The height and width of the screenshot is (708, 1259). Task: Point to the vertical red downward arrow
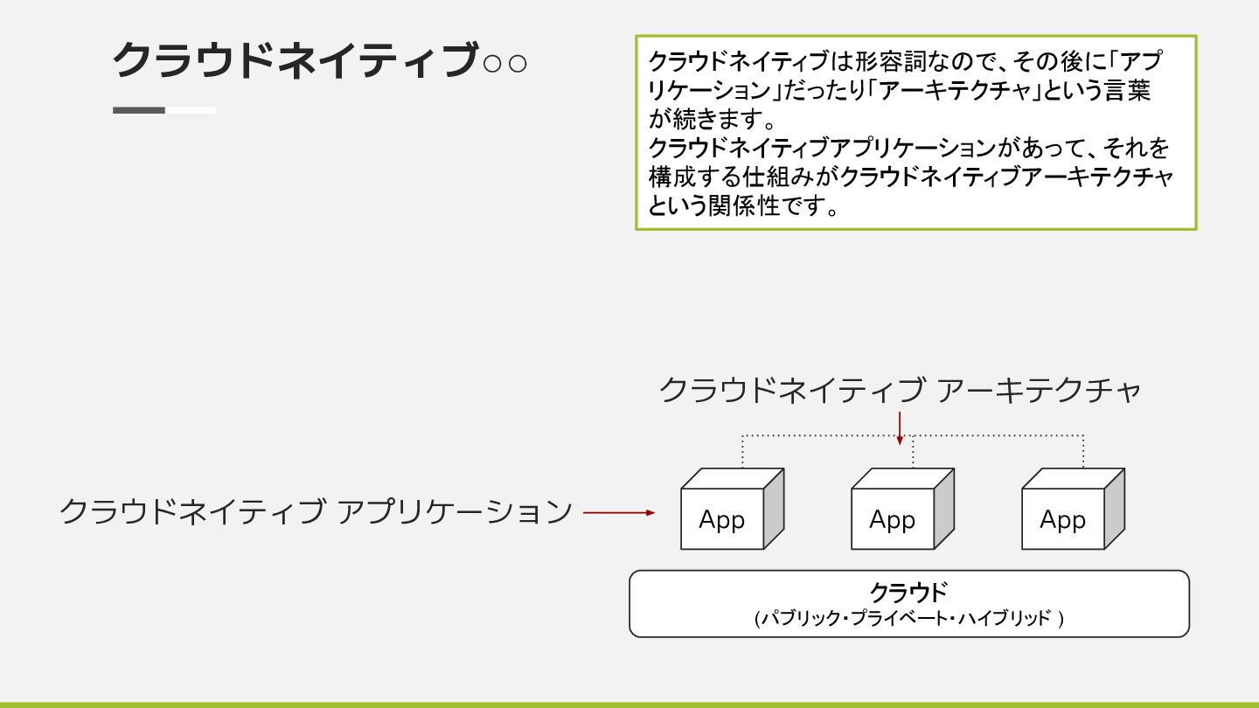pos(900,427)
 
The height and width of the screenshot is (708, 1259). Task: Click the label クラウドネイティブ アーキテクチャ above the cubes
pos(900,391)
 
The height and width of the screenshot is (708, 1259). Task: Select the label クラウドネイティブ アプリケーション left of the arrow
pos(316,511)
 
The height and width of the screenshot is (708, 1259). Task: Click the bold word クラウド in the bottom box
pos(908,593)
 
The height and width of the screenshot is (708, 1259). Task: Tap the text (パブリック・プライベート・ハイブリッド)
pos(908,619)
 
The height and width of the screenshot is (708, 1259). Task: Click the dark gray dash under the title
pos(139,110)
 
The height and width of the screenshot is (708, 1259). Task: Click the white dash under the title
pos(191,110)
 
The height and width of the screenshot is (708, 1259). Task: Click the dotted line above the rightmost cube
pos(1083,450)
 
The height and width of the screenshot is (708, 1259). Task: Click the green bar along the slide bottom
pos(629,704)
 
